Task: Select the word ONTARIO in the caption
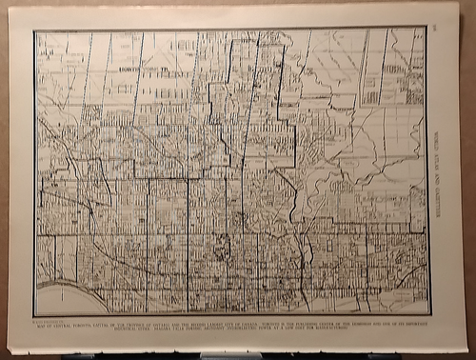click(157, 324)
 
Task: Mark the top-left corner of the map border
click(34, 30)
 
